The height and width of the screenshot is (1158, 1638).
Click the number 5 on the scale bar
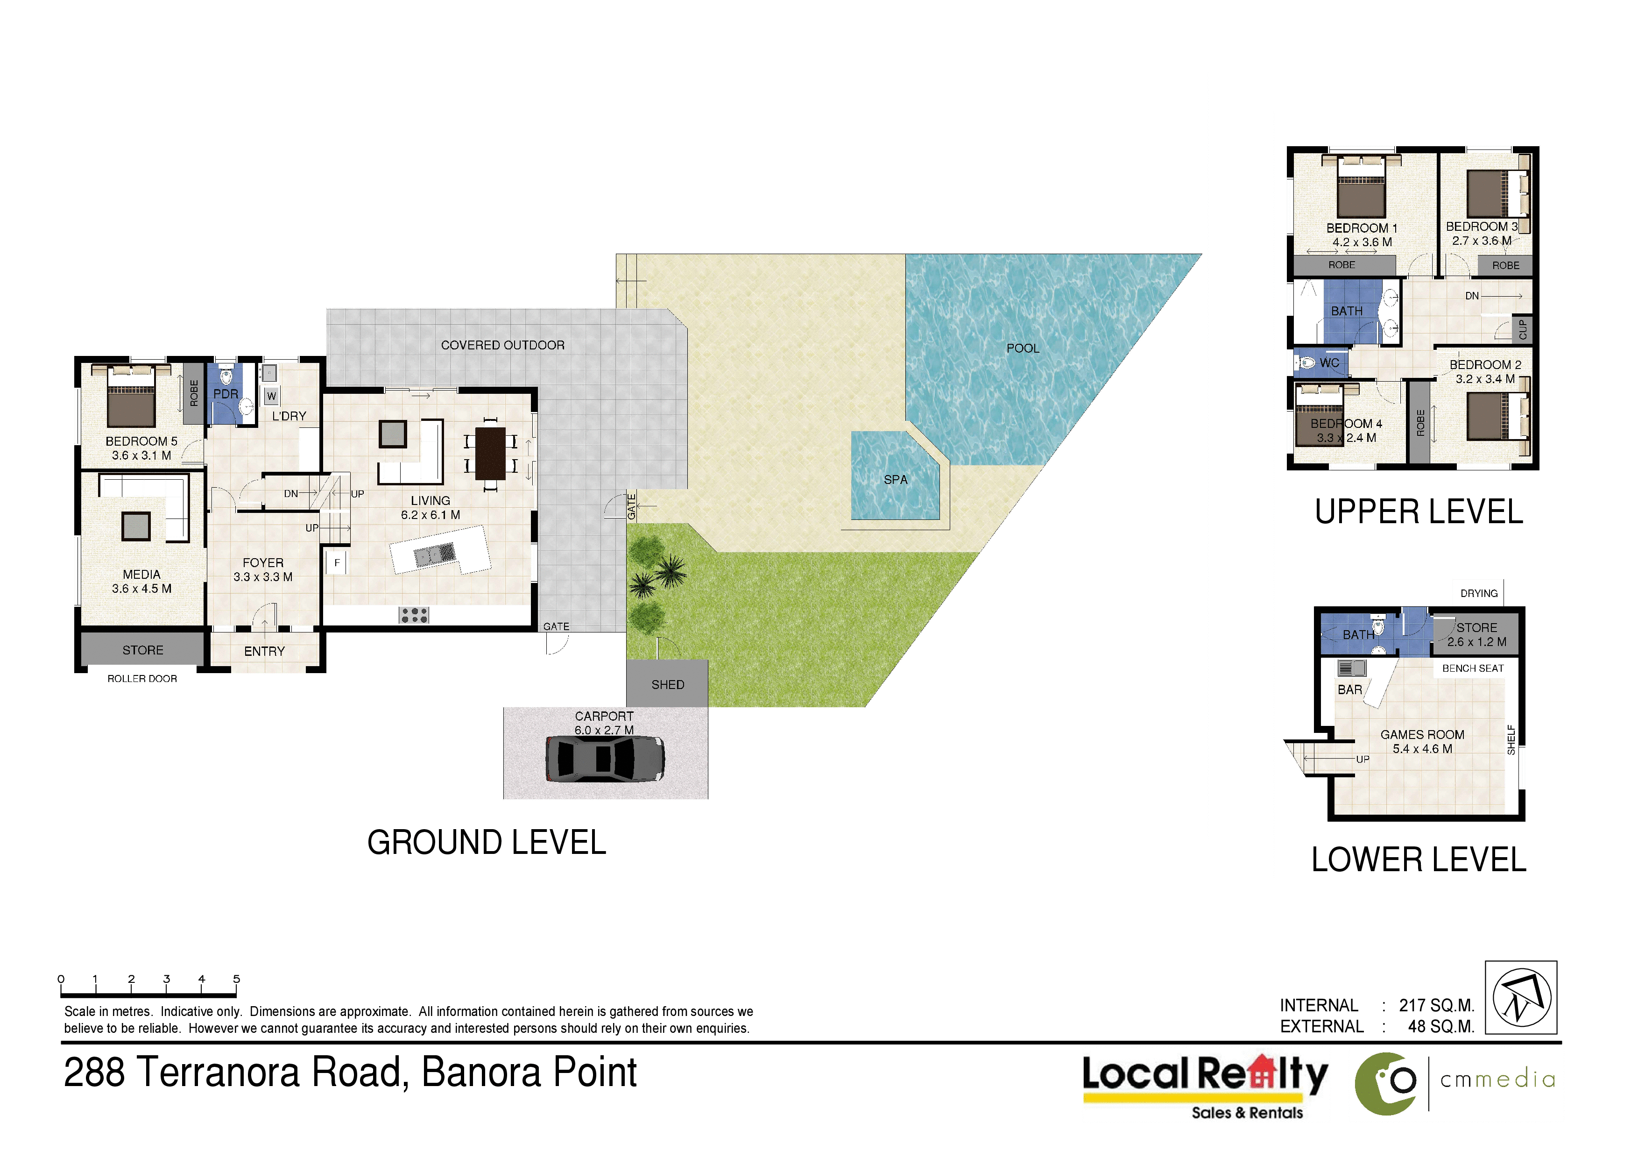236,979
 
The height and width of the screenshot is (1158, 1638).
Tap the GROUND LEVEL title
487,843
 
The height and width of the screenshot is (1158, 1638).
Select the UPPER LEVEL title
1419,512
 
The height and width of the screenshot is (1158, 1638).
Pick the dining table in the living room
490,454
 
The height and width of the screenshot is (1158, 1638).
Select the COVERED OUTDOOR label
502,345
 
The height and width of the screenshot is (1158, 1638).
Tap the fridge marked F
337,562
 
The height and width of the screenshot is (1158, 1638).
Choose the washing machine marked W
271,396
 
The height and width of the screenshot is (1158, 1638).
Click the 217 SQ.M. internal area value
1436,1005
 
